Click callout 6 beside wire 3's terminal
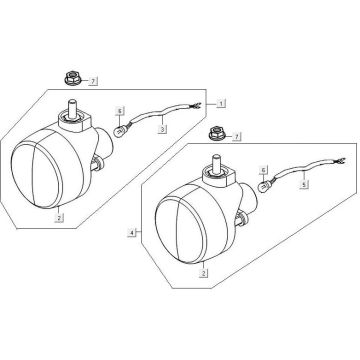[x=119, y=110]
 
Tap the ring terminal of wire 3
[x=120, y=127]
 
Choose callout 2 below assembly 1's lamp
[x=59, y=217]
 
